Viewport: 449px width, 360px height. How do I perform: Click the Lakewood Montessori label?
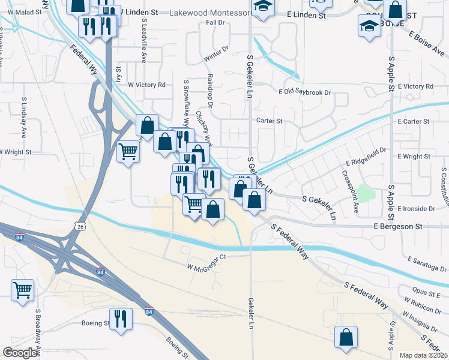coord(210,13)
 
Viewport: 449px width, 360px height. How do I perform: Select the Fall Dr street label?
coord(214,23)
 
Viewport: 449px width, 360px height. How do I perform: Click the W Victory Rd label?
coord(146,85)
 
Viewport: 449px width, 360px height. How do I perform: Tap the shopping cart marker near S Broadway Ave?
coord(23,290)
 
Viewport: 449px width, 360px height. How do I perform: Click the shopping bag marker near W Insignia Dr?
coord(346,337)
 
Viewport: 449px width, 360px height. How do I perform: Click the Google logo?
coord(20,353)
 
